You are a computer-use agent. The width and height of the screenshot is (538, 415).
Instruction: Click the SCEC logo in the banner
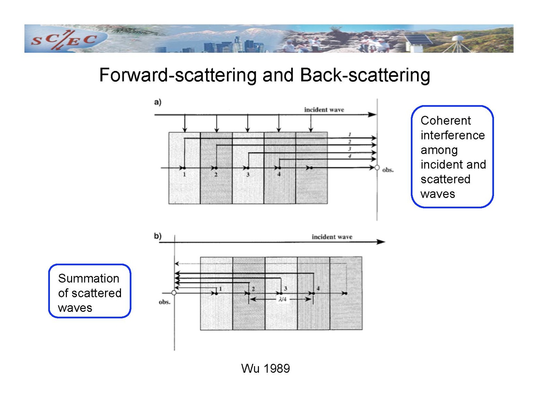(64, 40)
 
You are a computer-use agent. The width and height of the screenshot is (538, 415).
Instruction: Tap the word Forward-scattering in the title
(178, 75)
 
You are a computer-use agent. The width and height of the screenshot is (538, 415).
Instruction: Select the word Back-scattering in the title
(365, 75)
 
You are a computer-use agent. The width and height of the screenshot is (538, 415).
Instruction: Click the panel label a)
(158, 102)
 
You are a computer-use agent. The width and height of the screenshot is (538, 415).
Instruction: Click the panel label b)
(158, 236)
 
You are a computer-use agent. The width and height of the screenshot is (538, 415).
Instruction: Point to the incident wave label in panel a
(324, 110)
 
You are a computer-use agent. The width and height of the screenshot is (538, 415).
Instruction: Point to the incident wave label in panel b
(332, 237)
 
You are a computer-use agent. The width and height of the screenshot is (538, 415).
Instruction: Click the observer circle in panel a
(377, 168)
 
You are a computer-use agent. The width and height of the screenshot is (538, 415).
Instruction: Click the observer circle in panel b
(174, 293)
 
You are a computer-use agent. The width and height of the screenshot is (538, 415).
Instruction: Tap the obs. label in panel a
(388, 170)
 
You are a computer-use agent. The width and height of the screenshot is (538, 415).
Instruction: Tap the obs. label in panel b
(165, 302)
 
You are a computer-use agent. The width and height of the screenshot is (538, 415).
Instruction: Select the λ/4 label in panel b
(283, 299)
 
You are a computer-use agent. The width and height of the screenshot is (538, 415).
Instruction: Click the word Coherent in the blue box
(446, 120)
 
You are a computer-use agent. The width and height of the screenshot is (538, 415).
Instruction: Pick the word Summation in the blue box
(89, 278)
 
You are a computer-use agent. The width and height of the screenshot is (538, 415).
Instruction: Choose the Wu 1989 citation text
(266, 368)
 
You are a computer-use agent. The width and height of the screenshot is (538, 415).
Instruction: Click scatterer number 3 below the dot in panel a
(248, 174)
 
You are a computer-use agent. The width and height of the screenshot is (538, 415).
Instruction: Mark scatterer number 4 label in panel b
(318, 288)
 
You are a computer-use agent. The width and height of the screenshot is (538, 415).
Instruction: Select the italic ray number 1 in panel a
(349, 135)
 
